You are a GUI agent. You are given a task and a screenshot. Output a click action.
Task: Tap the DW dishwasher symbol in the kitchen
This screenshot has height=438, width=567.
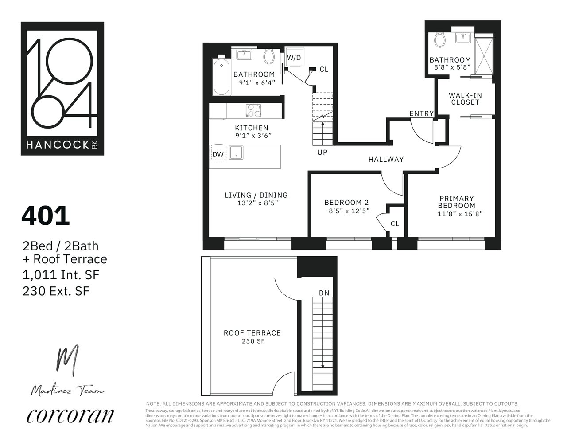tap(217, 154)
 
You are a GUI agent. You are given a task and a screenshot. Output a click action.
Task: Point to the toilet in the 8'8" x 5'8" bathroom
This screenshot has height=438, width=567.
tap(439, 40)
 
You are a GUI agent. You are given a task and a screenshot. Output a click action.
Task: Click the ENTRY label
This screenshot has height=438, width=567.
tap(421, 113)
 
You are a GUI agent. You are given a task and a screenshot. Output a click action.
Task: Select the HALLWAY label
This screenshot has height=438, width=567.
tap(386, 160)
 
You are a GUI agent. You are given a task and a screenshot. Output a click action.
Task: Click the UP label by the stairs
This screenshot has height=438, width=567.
tap(322, 152)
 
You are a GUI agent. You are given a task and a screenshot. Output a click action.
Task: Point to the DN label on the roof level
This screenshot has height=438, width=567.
tap(324, 293)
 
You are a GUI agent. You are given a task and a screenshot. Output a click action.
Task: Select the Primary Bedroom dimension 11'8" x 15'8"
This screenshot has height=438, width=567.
tap(459, 213)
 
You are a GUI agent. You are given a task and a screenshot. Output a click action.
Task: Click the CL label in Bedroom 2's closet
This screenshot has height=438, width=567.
tap(395, 223)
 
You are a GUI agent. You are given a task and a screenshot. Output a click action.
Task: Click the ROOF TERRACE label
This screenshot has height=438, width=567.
tap(252, 333)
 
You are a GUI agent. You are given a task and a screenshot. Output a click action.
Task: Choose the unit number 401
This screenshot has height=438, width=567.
tap(46, 216)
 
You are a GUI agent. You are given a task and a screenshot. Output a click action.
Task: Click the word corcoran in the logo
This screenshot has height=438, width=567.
tap(70, 415)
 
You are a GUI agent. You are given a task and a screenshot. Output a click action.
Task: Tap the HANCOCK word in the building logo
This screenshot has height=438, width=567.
tap(58, 145)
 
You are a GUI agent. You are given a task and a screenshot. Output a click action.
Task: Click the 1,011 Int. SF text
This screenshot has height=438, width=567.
tap(61, 275)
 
